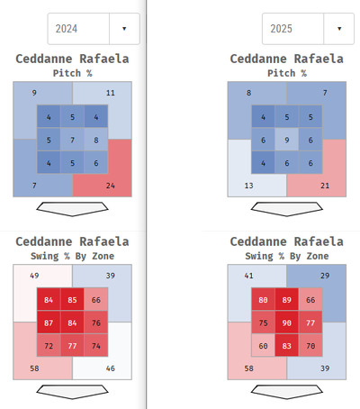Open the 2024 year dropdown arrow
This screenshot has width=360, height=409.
pos(124,29)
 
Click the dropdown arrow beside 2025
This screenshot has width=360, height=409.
pos(339,29)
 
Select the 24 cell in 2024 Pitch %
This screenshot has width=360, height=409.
pos(111,186)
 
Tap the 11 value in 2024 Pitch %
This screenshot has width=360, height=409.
pos(111,93)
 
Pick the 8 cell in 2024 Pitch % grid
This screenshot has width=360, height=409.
pos(96,140)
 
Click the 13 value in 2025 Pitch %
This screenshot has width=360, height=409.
pos(248,186)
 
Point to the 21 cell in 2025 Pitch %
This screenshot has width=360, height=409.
pos(325,186)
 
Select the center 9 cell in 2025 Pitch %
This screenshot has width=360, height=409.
pos(287,140)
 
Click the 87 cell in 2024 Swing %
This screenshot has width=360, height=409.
pos(49,323)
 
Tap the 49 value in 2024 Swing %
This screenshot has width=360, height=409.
pos(34,276)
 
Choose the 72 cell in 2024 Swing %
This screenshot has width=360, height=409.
pos(49,346)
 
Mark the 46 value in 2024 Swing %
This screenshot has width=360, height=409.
pos(111,368)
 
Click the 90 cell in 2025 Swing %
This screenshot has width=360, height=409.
pos(287,323)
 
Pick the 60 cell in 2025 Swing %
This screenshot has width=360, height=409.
pos(263,346)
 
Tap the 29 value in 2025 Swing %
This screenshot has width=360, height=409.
pos(325,276)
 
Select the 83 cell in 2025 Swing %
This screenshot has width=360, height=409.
pos(287,346)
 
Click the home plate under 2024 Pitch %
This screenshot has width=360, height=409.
pos(72,209)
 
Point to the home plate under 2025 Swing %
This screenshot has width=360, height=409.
pos(287,392)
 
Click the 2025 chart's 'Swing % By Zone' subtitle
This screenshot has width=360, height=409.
pos(287,256)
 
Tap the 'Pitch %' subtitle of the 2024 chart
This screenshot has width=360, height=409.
pos(72,73)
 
